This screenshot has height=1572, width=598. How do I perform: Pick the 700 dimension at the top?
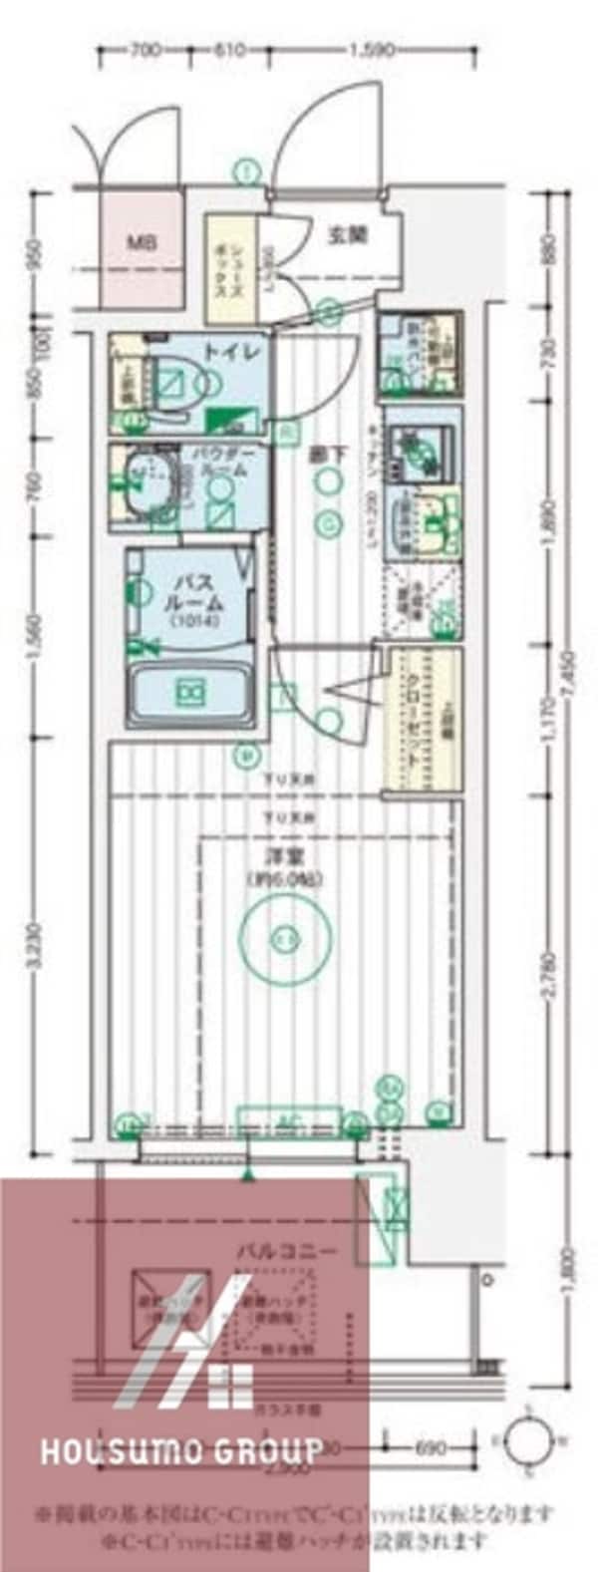pos(146,49)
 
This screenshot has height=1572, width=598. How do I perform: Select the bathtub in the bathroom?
pos(190,690)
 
